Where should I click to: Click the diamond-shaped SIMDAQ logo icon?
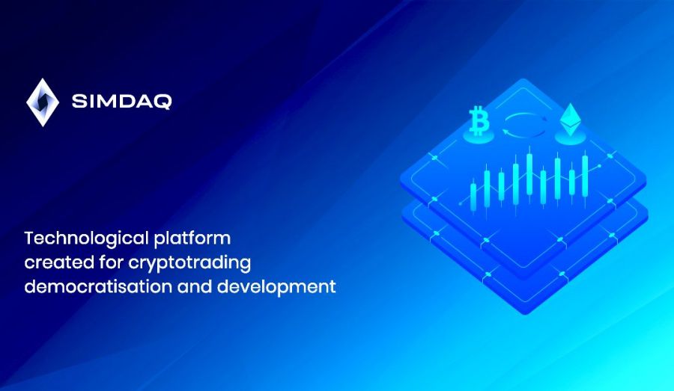coord(42,102)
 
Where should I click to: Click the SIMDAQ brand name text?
coord(121,102)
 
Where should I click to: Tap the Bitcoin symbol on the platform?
coord(477,120)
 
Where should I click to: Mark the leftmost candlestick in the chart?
coord(473,193)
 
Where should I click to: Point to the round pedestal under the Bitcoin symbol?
coord(477,138)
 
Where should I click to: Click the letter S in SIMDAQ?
coord(79,102)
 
